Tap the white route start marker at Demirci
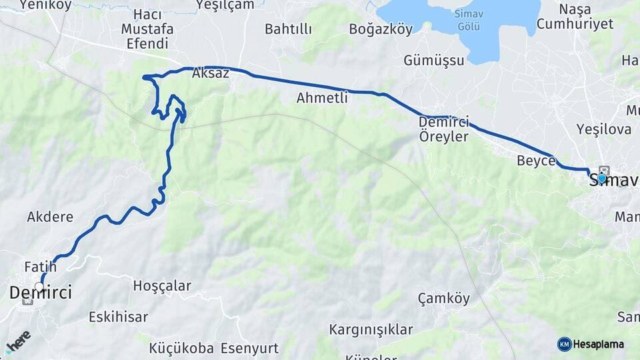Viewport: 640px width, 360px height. pyautogui.click(x=39, y=287)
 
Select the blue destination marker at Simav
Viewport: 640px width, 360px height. pyautogui.click(x=602, y=178)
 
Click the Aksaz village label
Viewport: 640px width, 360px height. pyautogui.click(x=210, y=74)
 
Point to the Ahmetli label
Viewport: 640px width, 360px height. pyautogui.click(x=323, y=98)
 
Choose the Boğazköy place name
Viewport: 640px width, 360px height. pyautogui.click(x=381, y=29)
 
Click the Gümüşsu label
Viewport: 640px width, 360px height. pyautogui.click(x=433, y=61)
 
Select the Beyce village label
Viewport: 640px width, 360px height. pyautogui.click(x=536, y=161)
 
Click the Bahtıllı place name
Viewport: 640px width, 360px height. pyautogui.click(x=288, y=29)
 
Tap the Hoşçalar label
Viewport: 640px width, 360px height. pyautogui.click(x=162, y=286)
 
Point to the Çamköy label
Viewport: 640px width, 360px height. pyautogui.click(x=443, y=298)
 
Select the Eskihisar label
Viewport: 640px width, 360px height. pyautogui.click(x=118, y=317)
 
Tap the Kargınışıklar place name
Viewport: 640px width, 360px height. pyautogui.click(x=371, y=329)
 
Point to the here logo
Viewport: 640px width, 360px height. pyautogui.click(x=18, y=341)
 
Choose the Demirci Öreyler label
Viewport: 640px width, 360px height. pyautogui.click(x=444, y=129)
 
